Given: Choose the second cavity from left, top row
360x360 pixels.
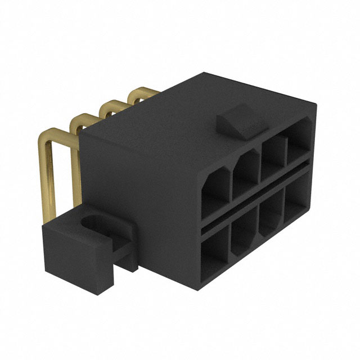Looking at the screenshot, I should (246, 175).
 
